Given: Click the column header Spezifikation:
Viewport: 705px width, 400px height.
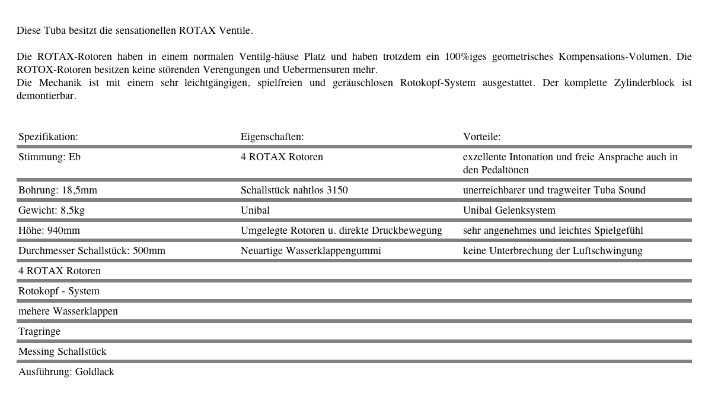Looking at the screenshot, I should click(x=48, y=136).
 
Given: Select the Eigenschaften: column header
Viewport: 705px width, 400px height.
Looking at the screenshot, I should click(x=272, y=136).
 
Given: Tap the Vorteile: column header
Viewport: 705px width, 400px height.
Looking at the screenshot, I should click(x=481, y=136).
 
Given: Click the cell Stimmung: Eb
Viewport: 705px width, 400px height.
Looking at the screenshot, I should click(x=49, y=157).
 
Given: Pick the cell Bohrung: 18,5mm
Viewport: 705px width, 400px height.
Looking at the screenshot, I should click(x=58, y=190).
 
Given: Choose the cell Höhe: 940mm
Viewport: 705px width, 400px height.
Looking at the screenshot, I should click(x=49, y=230).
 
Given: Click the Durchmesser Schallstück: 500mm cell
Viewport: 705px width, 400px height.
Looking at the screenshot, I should click(x=92, y=250).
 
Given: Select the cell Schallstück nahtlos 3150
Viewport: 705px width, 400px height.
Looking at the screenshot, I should click(x=294, y=190).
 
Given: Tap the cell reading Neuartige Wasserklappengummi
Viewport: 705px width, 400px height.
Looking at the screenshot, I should click(x=311, y=250).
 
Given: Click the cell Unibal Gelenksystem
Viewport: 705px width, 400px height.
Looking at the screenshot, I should click(x=509, y=210).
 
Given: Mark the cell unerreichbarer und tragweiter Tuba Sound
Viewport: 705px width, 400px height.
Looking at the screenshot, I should click(x=554, y=190).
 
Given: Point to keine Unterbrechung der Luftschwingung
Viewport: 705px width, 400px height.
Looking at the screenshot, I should click(x=552, y=250).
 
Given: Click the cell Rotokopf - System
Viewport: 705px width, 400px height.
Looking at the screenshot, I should click(x=59, y=291).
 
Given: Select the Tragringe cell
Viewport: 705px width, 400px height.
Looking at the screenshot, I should click(x=39, y=331).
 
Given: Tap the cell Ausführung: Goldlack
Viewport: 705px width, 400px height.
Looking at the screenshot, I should click(x=66, y=372).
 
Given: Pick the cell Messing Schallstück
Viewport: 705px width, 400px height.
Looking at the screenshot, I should click(x=62, y=351).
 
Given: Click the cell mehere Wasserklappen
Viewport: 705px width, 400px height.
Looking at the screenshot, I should click(x=68, y=311).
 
